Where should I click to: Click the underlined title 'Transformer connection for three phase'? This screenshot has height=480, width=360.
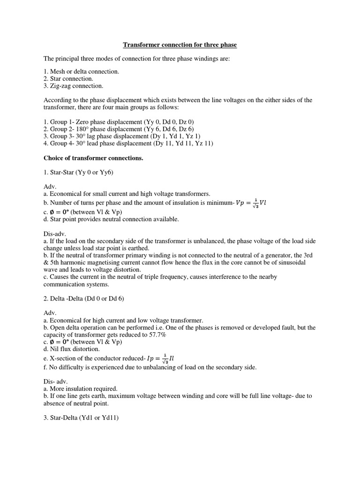[180, 45]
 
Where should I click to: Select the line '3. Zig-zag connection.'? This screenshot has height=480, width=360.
[73, 86]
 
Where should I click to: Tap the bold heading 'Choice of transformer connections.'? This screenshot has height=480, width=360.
[93, 158]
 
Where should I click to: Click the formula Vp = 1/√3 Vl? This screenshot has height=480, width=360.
[254, 203]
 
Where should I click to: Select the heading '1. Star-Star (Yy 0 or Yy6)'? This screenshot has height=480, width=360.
[78, 172]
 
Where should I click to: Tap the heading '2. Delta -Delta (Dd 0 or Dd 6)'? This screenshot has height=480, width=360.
[83, 299]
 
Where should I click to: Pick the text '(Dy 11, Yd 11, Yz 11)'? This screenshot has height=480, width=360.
[183, 143]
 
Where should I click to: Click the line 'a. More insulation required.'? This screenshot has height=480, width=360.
[80, 389]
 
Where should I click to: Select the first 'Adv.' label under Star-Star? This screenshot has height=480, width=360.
[50, 187]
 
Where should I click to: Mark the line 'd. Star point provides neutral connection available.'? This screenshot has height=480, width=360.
[111, 219]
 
